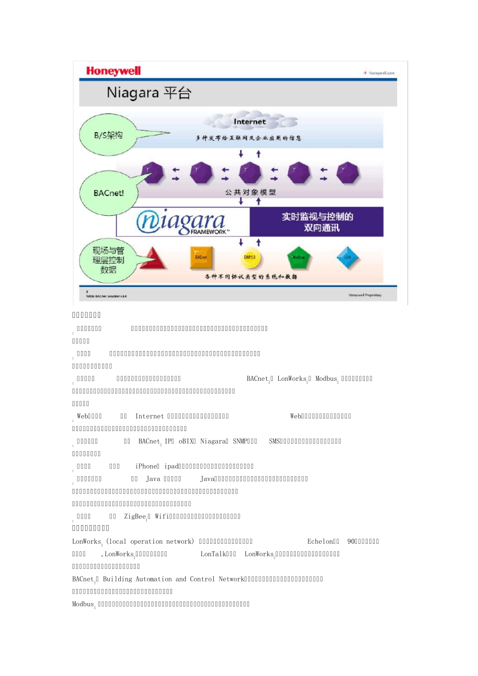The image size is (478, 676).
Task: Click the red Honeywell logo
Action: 113,71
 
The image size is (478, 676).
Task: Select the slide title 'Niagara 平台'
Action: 148,93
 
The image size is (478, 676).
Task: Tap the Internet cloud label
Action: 250,122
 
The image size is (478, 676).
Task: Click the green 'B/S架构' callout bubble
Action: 108,135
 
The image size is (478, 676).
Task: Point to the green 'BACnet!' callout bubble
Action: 108,193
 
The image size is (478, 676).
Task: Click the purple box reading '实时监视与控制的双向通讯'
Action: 317,222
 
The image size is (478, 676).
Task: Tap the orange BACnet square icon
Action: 201,258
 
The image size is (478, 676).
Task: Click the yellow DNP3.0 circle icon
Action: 250,258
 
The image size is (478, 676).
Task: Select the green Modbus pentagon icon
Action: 298,258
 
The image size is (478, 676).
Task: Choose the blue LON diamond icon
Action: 347,258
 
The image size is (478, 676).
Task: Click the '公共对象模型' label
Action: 250,192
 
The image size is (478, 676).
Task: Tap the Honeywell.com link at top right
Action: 381,73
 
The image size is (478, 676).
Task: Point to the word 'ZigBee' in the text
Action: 135,517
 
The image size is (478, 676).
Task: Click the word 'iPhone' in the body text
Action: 146,466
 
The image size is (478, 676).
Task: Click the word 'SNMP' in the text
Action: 241,441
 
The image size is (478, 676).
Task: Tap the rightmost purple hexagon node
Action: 348,173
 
